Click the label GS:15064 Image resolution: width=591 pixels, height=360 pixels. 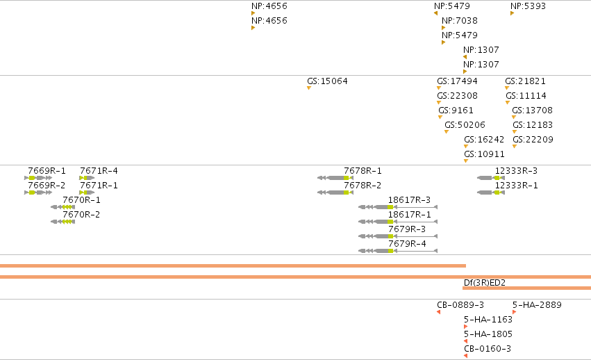click(327, 81)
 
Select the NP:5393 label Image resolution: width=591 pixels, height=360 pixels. click(528, 6)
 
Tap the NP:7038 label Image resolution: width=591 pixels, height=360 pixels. click(460, 21)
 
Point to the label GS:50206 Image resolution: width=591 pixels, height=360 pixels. click(465, 125)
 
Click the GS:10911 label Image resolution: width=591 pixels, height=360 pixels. click(484, 154)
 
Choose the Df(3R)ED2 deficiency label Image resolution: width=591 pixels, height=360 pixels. click(484, 283)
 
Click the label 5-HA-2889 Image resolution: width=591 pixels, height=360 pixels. click(537, 305)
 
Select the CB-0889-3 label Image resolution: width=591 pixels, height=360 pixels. click(460, 305)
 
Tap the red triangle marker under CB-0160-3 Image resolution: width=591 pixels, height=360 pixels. click(466, 356)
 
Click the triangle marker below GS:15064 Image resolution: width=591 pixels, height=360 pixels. click(309, 88)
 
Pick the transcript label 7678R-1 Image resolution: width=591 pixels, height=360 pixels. click(363, 171)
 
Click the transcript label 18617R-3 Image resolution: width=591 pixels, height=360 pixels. click(409, 200)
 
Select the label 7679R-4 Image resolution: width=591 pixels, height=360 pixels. click(407, 244)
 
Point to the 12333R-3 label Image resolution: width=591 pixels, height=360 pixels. click(516, 171)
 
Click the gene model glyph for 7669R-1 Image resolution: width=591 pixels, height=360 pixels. click(38, 178)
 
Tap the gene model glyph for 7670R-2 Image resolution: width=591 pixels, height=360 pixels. click(63, 222)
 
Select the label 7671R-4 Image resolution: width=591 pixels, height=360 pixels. click(99, 171)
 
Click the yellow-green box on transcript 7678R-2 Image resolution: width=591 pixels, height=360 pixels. click(346, 193)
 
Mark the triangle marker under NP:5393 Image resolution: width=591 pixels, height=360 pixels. click(513, 14)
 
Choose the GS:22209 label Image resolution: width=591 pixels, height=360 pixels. click(533, 140)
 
